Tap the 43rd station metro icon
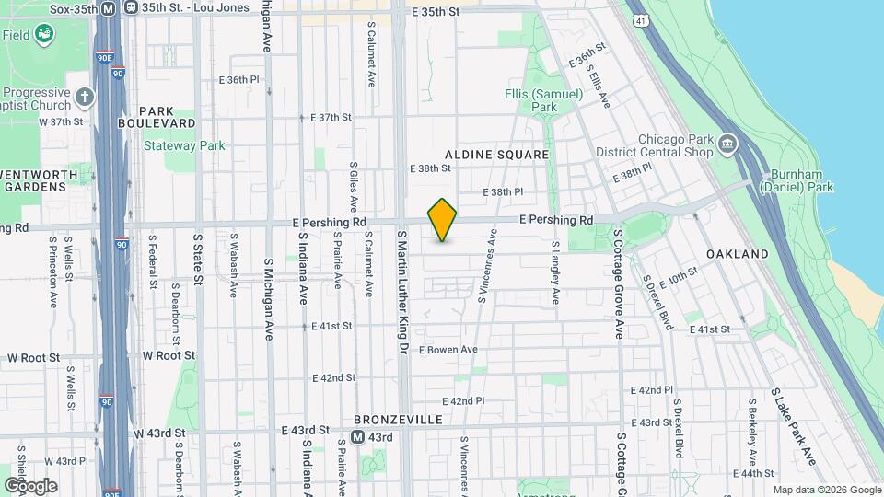[x=358, y=437]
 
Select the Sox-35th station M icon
[x=108, y=8]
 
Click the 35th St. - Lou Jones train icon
[x=132, y=8]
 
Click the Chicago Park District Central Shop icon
[x=727, y=144]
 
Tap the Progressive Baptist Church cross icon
[x=85, y=96]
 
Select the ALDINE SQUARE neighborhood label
[x=496, y=154]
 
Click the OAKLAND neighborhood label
[x=737, y=253]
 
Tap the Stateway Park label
[x=184, y=145]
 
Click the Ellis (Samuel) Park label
[x=544, y=100]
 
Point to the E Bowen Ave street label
[x=448, y=350]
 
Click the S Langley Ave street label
[x=555, y=273]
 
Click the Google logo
[x=30, y=485]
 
